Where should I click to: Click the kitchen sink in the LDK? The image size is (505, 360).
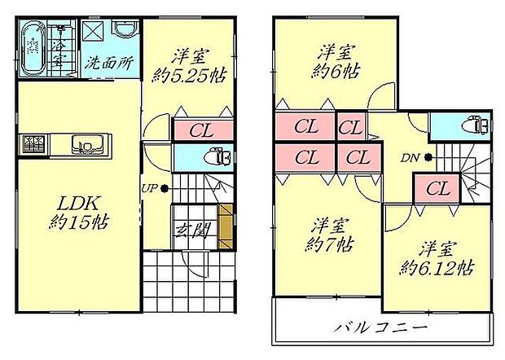point(86,146)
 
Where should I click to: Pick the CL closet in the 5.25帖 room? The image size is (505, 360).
point(202,130)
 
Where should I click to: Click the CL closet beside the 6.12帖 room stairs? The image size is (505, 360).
point(437,189)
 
